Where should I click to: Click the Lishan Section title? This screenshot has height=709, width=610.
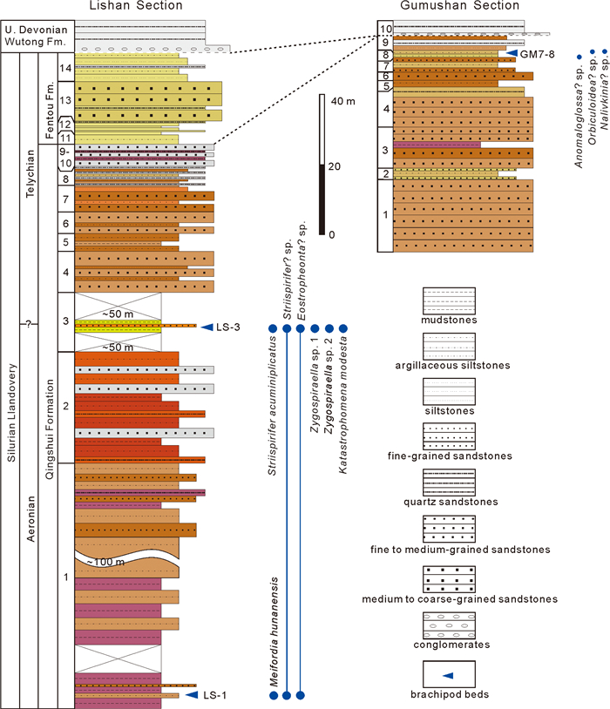pos(136,5)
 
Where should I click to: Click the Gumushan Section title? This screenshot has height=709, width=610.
pos(460,5)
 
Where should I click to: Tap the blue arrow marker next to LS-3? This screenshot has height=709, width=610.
pos(207,327)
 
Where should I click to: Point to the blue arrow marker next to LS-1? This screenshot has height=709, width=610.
pos(192,694)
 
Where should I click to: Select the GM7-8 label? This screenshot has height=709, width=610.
pos(537,54)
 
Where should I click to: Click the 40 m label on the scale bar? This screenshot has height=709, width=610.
pos(343,101)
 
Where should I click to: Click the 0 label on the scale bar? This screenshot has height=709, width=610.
pos(332,234)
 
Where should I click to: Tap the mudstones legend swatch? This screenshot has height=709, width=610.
pos(449,300)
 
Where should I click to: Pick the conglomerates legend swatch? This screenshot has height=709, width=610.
pos(449,625)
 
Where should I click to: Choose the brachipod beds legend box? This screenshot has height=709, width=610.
pos(449,674)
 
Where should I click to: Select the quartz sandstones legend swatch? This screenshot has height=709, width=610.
pos(449,483)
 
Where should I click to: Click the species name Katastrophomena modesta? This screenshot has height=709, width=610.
pos(343,405)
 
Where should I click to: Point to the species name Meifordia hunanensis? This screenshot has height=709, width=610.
pos(274,631)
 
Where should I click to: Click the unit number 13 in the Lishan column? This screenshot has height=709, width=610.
pos(65,100)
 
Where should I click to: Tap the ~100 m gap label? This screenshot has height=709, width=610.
pos(106,562)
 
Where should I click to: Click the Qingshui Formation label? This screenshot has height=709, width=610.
pos(50,429)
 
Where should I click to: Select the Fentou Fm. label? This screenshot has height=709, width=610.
pos(49,110)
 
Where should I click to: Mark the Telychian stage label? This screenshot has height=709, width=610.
pos(30,173)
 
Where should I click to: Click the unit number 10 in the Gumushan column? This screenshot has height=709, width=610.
pos(385,29)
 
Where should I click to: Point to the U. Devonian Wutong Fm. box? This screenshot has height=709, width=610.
pos(37,37)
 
